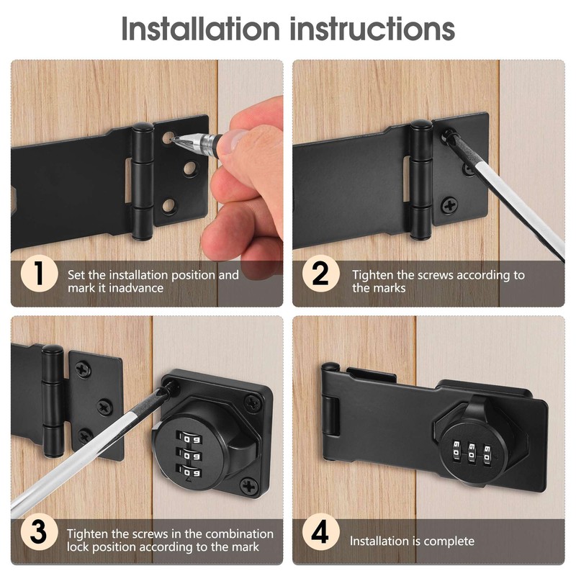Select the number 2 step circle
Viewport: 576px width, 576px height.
tap(320, 275)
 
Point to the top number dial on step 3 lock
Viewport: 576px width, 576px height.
tap(192, 438)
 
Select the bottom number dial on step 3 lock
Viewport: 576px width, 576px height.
tap(192, 472)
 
